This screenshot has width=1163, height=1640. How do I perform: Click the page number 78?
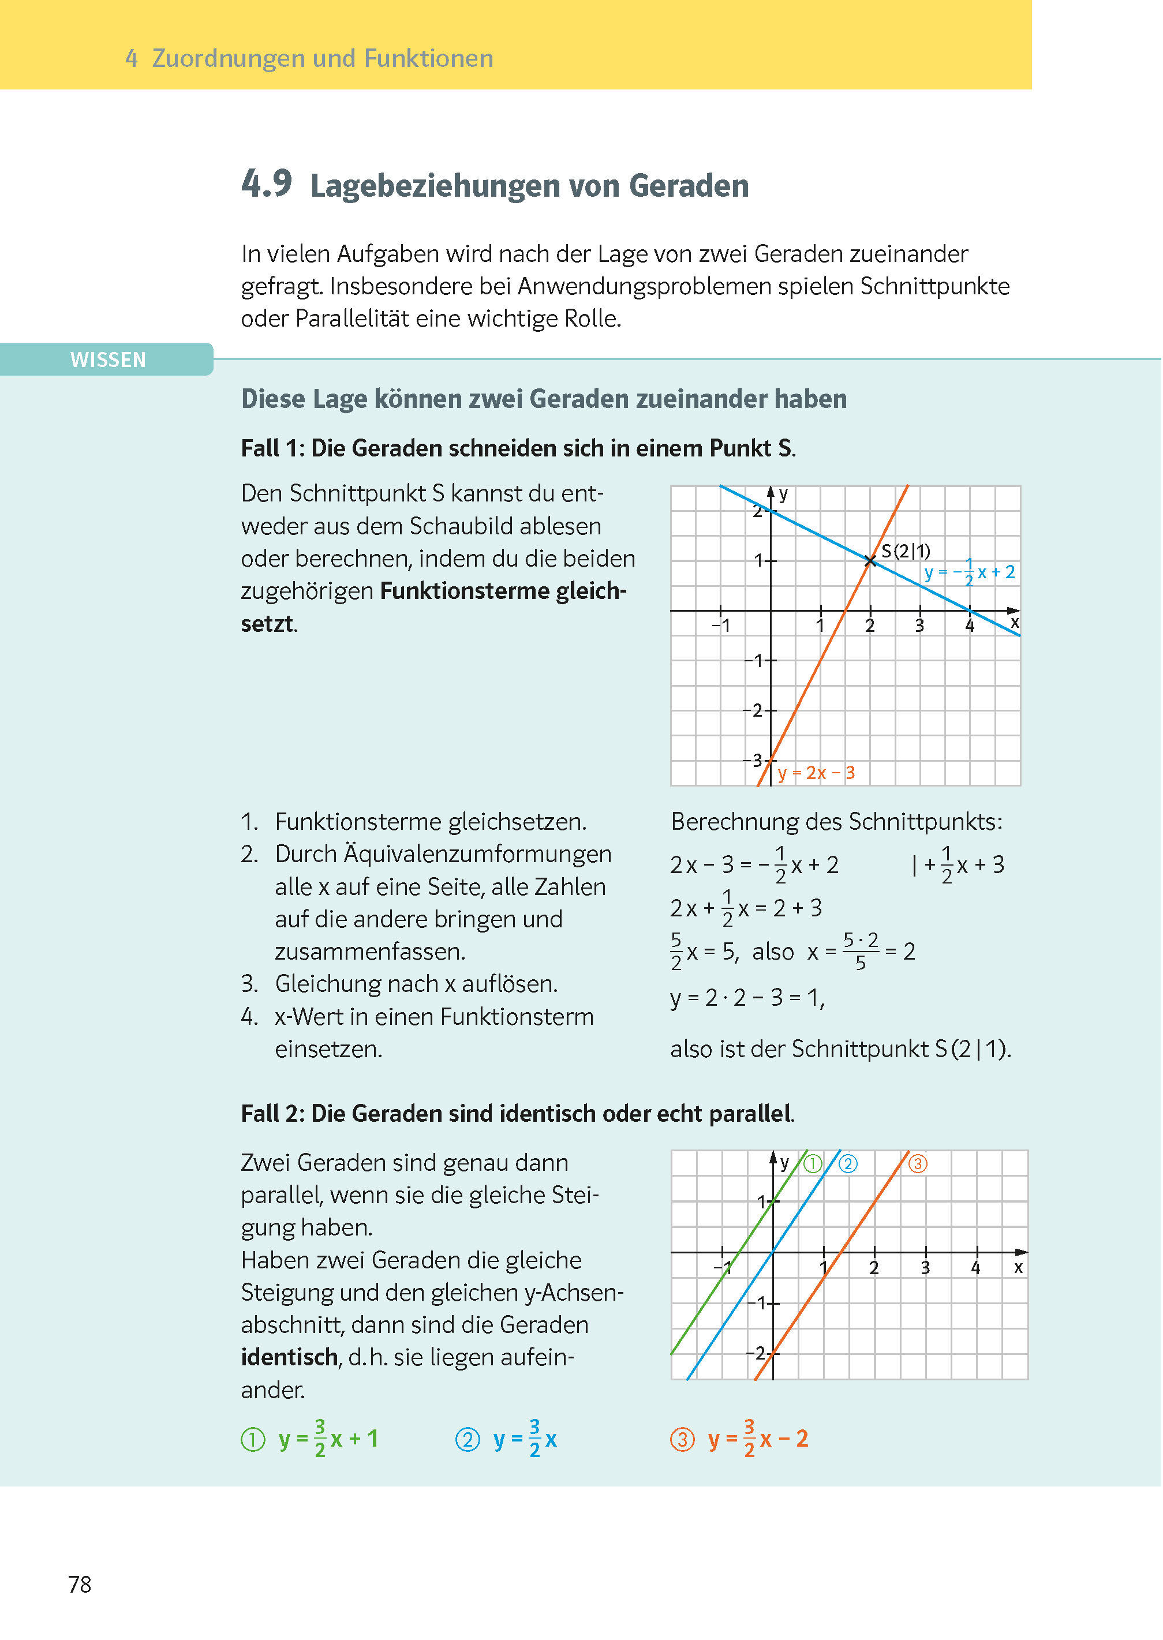tap(80, 1584)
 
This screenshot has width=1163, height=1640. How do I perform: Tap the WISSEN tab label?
tap(107, 360)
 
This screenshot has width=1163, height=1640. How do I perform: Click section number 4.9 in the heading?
tap(267, 184)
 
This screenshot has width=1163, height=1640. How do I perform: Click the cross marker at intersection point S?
tap(870, 560)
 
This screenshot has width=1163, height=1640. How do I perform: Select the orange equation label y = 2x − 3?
tap(816, 773)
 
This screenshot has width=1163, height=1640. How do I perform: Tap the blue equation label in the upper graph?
tap(969, 572)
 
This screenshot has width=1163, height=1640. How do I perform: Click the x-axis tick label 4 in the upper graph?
tap(970, 626)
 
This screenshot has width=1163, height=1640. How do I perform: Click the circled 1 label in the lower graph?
tap(813, 1164)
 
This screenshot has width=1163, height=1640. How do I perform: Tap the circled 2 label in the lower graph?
tap(848, 1164)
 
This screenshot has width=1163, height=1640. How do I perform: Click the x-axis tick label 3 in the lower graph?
tap(925, 1268)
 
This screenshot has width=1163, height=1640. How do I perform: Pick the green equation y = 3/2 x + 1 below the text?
tap(328, 1439)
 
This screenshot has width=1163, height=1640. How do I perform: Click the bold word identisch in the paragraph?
tap(289, 1357)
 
